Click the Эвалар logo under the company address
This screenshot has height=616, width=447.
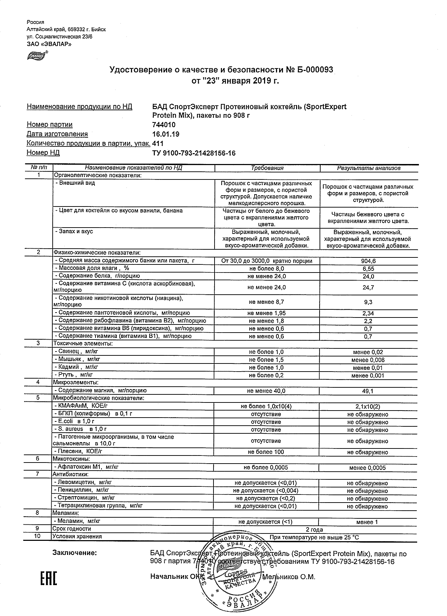pos(37,55)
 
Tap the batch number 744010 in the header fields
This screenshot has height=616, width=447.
pos(164,125)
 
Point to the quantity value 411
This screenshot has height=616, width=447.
pos(158,143)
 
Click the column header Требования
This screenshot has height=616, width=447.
pos(267,168)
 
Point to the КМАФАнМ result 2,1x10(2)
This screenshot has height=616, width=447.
pos(368,407)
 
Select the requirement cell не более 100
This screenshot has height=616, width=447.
pos(266,452)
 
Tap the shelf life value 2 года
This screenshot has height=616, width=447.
pos(314,529)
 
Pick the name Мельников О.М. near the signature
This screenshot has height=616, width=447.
pos(289,577)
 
